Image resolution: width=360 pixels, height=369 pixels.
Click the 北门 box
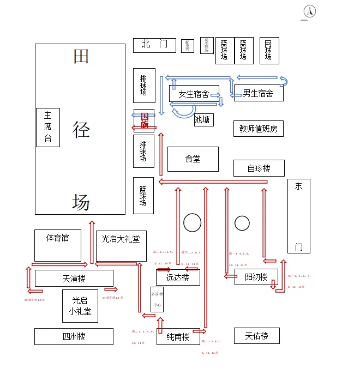[x=154, y=45]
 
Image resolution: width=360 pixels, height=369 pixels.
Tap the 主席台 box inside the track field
[x=48, y=128]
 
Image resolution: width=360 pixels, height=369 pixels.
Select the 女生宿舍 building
[x=194, y=94]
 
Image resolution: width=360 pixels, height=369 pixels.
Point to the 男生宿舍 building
[x=259, y=93]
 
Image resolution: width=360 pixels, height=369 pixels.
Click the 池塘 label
[x=203, y=120]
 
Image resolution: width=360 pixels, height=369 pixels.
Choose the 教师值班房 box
[x=259, y=129]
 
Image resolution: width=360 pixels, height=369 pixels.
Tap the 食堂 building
[x=193, y=159]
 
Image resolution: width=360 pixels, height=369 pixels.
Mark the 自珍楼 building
[x=259, y=168]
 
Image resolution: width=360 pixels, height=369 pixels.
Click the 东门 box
[x=298, y=216]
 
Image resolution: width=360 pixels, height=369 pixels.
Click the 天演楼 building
[x=74, y=279]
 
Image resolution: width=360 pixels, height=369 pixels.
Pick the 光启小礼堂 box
[x=80, y=306]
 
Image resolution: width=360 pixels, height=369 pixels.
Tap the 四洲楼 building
[x=74, y=336]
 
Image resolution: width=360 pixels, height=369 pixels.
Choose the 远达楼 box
[x=178, y=277]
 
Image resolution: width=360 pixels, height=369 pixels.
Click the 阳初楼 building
[x=256, y=277]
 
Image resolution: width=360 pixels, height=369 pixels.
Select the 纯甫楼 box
[x=178, y=337]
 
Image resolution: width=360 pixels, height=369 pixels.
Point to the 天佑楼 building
[x=256, y=336]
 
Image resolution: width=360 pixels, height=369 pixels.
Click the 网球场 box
[x=269, y=51]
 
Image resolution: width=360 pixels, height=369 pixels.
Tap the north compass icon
[x=309, y=11]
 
